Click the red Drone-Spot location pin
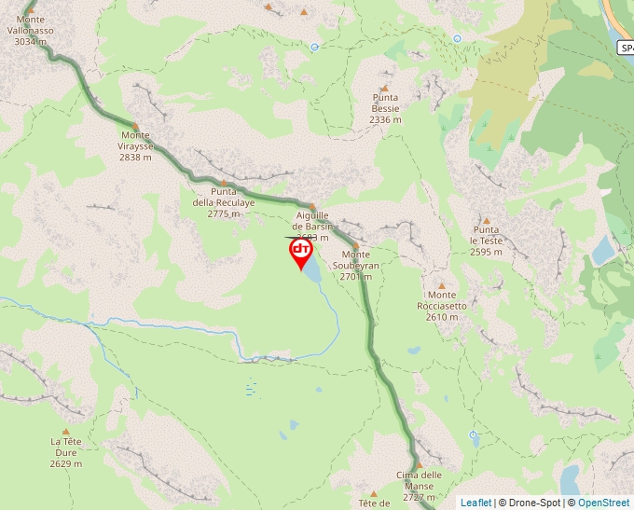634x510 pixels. point(301,253)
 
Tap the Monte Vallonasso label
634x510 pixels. point(31,30)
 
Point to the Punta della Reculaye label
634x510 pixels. point(224,201)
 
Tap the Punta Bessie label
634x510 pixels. point(385,108)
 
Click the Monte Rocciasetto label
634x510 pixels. point(442,305)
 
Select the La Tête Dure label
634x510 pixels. point(67,452)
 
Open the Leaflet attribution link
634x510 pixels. point(475,503)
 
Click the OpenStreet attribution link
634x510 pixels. point(604,503)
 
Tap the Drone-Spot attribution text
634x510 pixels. point(534,503)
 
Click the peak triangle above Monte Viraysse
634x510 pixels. point(135,126)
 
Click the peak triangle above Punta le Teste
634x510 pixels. point(486,220)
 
